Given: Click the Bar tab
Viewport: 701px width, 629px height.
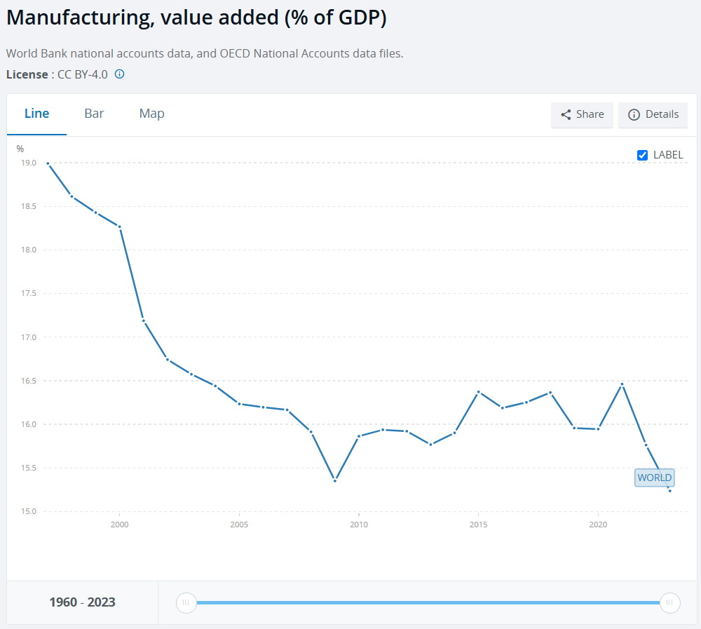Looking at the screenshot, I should tap(94, 114).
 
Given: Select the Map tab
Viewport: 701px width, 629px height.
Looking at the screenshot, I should tap(151, 114).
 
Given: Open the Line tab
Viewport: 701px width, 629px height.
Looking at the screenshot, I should tap(36, 114).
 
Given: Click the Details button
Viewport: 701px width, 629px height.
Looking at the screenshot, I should tap(653, 114).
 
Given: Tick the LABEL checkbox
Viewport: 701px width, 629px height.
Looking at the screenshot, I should tap(642, 155).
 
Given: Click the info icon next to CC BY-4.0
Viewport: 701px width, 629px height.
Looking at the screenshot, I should tap(119, 74).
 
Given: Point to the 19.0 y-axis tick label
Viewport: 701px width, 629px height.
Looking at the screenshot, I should tap(28, 163).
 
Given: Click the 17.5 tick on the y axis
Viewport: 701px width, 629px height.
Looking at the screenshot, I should tap(28, 294).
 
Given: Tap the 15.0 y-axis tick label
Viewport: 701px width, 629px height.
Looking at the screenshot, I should tap(28, 511).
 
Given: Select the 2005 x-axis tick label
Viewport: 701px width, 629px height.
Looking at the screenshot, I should tap(240, 525).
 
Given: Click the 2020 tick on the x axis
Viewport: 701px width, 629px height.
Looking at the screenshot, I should tap(598, 525).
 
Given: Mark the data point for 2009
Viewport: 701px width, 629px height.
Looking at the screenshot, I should tap(335, 480).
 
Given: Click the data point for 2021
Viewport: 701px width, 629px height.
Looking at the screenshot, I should tap(622, 384).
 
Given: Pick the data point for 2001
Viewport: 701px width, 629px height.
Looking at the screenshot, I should tap(144, 320).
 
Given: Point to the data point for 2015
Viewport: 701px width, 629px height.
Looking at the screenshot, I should tap(478, 392).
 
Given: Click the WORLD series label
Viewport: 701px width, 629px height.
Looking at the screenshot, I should tap(655, 478).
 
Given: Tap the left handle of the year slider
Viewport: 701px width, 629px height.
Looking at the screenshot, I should tap(186, 602).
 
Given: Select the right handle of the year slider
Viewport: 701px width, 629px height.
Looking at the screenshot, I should tap(670, 602).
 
